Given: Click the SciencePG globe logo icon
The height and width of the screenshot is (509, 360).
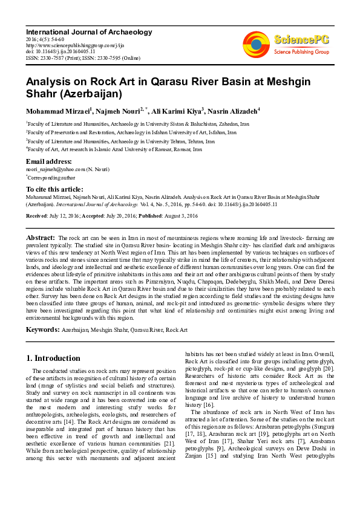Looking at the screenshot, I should point(256,44).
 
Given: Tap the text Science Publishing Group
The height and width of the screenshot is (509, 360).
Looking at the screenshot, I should point(301,52).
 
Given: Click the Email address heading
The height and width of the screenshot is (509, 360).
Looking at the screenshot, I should point(48,162).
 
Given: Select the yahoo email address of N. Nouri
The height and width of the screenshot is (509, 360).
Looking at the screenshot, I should point(61,170).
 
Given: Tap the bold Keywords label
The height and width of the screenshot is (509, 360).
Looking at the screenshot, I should point(42,329).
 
